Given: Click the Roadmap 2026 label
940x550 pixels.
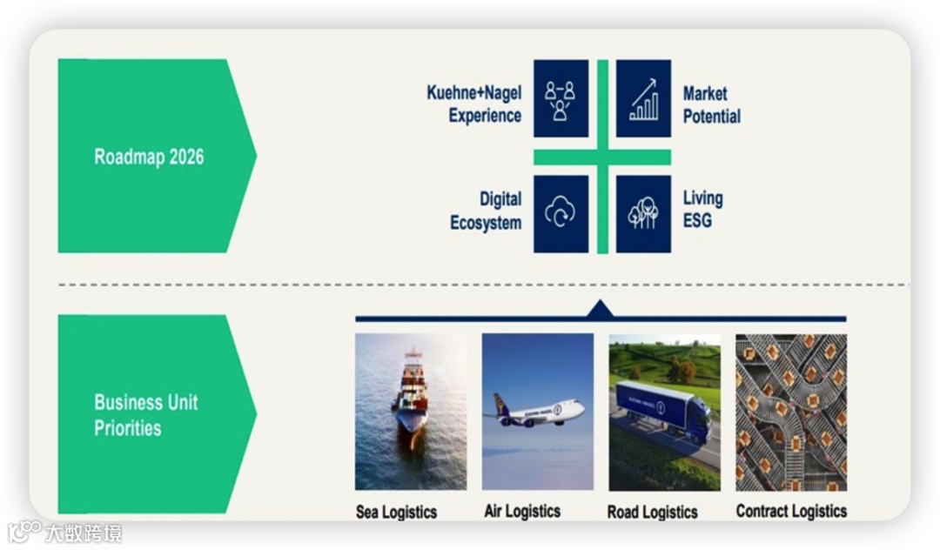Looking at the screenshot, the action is click(149, 157).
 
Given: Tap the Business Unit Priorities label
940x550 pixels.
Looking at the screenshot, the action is click(145, 415).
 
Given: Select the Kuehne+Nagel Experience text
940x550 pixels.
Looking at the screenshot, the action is click(473, 104).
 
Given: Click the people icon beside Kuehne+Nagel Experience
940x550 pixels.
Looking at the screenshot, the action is click(561, 98).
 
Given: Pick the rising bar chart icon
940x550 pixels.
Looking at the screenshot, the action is click(643, 98).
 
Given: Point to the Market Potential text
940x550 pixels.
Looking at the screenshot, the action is click(711, 104).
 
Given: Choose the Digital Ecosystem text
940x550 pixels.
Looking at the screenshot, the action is click(486, 211).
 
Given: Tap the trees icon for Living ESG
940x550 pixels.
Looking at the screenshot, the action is click(643, 213).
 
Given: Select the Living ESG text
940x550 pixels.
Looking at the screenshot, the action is click(702, 210).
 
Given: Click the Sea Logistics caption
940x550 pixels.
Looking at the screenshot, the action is click(396, 512).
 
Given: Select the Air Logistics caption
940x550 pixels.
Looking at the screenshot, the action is click(522, 511).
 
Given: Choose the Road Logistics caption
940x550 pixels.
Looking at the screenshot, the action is click(652, 512).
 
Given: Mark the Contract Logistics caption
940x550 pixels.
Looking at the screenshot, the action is click(791, 511).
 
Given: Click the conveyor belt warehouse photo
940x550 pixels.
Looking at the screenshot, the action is click(791, 412).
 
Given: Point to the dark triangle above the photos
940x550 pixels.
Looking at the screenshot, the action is click(601, 309).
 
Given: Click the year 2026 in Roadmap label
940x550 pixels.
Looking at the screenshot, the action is click(186, 157).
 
